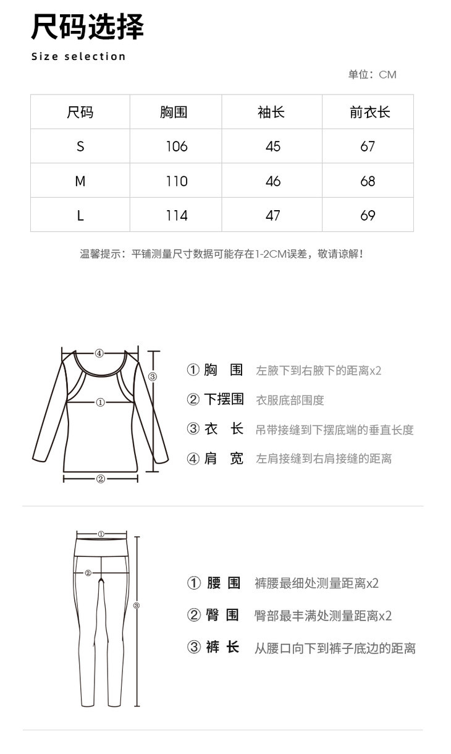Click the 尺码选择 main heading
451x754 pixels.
click(x=87, y=28)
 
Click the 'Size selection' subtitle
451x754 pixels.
click(x=78, y=57)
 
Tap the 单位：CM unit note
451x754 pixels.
click(x=372, y=75)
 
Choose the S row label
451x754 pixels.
click(x=80, y=146)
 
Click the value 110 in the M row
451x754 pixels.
click(x=177, y=181)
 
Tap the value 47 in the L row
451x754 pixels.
click(x=272, y=216)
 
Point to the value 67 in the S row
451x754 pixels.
click(x=368, y=146)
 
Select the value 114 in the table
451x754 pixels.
click(x=177, y=216)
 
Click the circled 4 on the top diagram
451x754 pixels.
click(x=99, y=354)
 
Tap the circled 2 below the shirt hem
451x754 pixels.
click(x=101, y=478)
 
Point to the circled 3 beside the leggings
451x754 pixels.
click(x=137, y=606)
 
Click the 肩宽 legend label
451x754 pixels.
click(x=224, y=459)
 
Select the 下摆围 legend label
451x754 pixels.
click(x=224, y=400)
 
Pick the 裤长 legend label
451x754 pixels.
click(x=222, y=648)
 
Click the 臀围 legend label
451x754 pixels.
click(x=222, y=615)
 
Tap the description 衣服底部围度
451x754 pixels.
click(x=290, y=400)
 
